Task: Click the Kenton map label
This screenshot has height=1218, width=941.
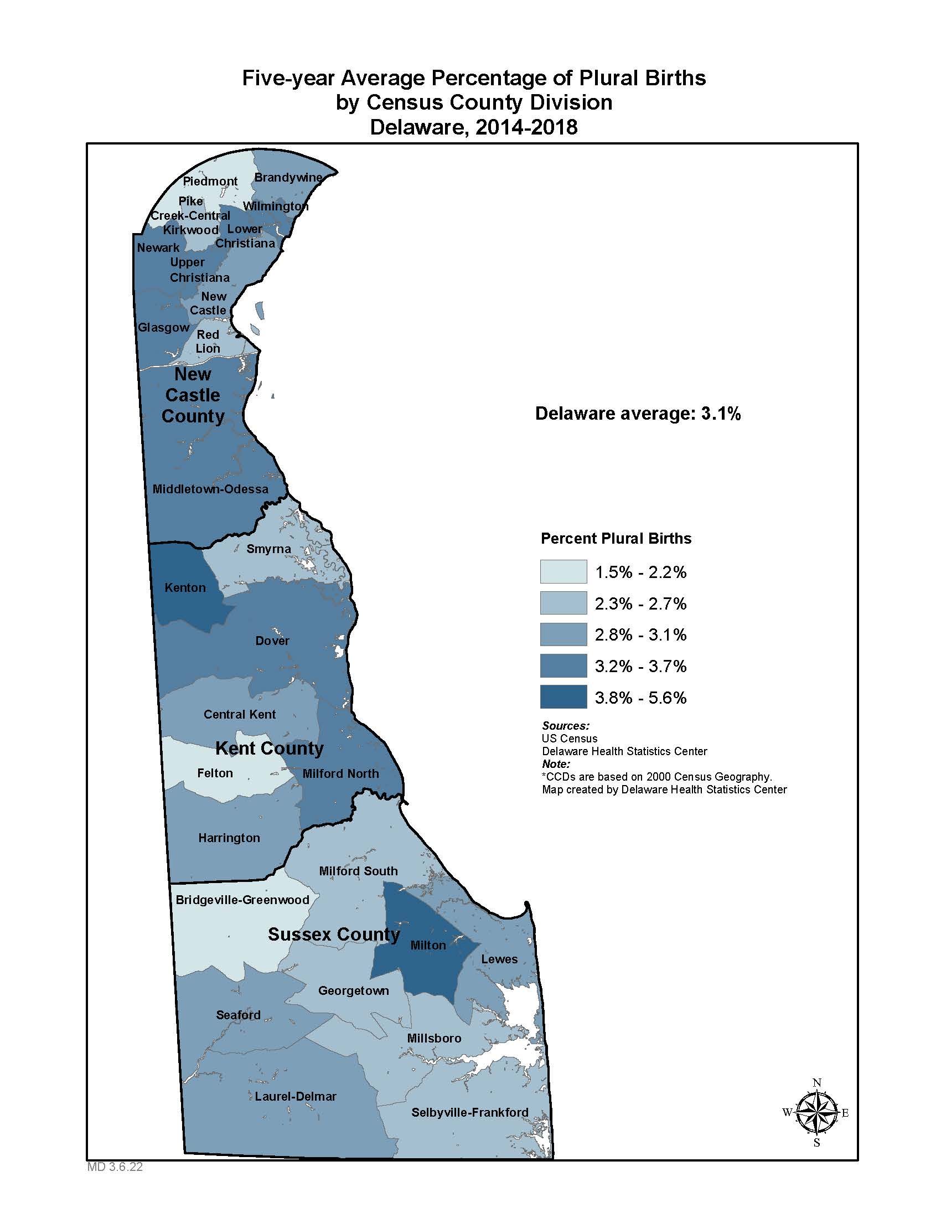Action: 185,588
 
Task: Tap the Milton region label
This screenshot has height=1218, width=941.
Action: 428,945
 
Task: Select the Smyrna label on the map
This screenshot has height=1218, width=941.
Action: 268,549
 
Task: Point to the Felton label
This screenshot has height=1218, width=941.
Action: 215,773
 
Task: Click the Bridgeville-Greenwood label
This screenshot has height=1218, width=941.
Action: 242,900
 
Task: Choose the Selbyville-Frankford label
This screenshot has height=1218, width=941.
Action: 470,1112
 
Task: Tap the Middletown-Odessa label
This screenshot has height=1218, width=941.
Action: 211,489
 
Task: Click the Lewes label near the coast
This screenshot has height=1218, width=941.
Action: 499,959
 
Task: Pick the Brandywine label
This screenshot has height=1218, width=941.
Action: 288,177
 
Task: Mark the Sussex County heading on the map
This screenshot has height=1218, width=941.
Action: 334,934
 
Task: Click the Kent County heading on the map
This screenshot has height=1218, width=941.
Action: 269,749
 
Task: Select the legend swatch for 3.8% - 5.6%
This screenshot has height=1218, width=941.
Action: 563,697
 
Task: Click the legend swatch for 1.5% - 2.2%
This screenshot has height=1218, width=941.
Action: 563,572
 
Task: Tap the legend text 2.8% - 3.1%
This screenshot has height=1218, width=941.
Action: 640,634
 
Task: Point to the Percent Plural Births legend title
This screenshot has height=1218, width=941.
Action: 616,539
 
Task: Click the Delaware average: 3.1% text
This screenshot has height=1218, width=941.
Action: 638,414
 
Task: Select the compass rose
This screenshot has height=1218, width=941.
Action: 816,1113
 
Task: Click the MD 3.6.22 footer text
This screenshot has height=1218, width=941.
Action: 115,1167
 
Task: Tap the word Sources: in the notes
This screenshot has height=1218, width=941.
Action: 565,726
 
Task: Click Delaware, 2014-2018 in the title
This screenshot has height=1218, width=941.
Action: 474,127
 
